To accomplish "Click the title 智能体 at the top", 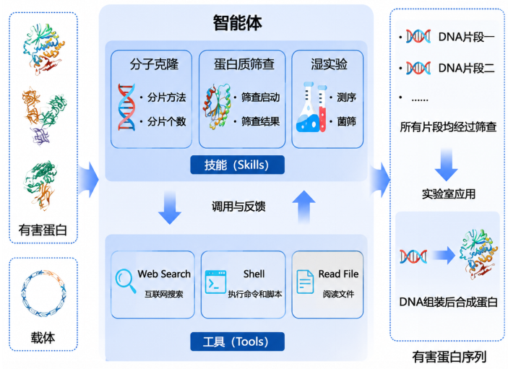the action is point(238,23).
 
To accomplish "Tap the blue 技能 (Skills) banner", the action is point(238,165).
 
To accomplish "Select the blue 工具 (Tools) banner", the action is point(238,342).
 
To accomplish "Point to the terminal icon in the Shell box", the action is point(215,282).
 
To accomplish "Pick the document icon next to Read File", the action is point(305,282).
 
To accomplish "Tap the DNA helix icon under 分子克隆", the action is point(126,107).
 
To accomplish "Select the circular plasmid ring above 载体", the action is point(44,293).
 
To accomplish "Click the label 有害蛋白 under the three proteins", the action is point(43,230).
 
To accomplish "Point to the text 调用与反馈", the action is point(238,207).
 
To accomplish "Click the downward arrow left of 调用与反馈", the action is point(169,207).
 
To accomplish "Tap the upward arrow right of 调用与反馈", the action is point(304,207).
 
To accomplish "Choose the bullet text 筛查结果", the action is point(260,121).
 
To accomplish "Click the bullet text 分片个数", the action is point(166,121).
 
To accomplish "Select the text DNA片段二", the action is point(466,68).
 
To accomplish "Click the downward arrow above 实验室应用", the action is point(446,165).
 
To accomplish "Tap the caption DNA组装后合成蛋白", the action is point(449,302).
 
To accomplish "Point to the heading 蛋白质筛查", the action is point(244,64).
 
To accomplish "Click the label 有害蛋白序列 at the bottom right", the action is point(449,357).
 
